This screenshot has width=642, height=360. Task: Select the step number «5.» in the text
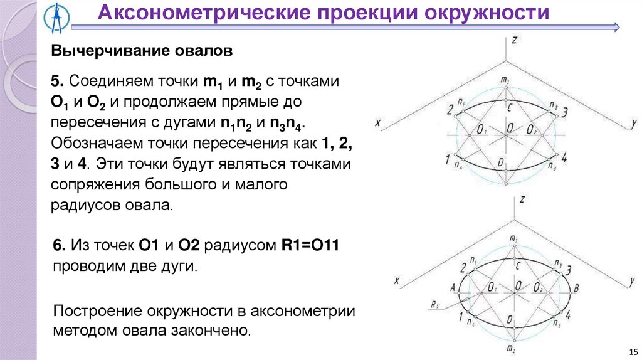pyautogui.click(x=58, y=82)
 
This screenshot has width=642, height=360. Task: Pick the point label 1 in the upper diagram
pyautogui.click(x=448, y=159)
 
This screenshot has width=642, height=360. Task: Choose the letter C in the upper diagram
pyautogui.click(x=510, y=107)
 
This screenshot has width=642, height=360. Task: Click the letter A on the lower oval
pyautogui.click(x=452, y=287)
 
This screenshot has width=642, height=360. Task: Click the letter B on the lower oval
pyautogui.click(x=576, y=288)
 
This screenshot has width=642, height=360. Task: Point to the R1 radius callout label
pyautogui.click(x=434, y=305)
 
